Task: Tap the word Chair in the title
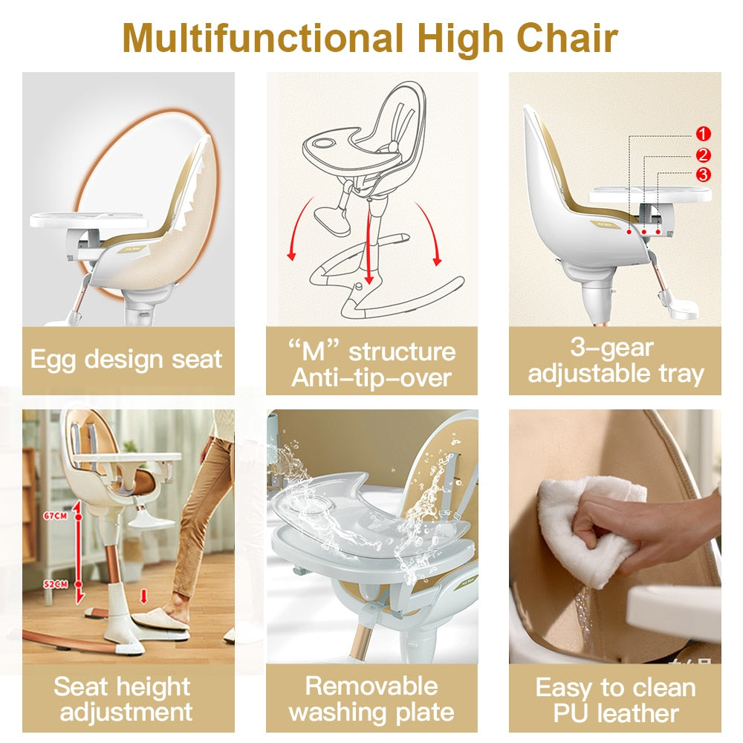[568, 38]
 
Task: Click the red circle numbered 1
[703, 134]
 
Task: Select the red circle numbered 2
[703, 155]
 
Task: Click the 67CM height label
[56, 514]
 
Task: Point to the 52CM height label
[56, 584]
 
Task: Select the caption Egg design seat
[126, 360]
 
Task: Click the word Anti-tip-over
[371, 377]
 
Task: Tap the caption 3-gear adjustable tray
[615, 361]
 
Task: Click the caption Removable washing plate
[371, 698]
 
